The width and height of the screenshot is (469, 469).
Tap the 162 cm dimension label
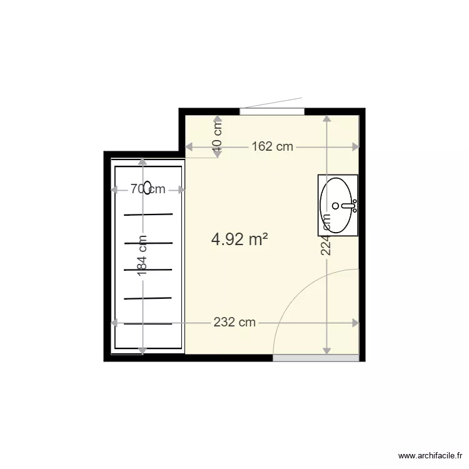coord(272,147)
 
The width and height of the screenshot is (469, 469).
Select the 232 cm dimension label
coord(234,323)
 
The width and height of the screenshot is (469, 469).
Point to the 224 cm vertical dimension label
coord(326,234)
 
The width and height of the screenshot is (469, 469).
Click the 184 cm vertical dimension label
coord(143,256)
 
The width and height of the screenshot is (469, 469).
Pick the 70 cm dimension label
coord(148,189)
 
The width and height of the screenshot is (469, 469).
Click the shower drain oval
coord(148,188)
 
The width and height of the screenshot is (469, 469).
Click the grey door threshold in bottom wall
coord(316,358)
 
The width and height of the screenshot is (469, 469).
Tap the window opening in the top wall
coord(272,111)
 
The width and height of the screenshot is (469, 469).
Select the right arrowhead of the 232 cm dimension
coord(356,323)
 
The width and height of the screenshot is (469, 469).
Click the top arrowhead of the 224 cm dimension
coord(326,118)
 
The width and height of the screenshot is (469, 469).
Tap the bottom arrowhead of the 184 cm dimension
coord(143,351)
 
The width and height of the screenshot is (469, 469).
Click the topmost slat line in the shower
coord(148,214)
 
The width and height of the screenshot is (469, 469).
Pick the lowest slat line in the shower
coord(148,324)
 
